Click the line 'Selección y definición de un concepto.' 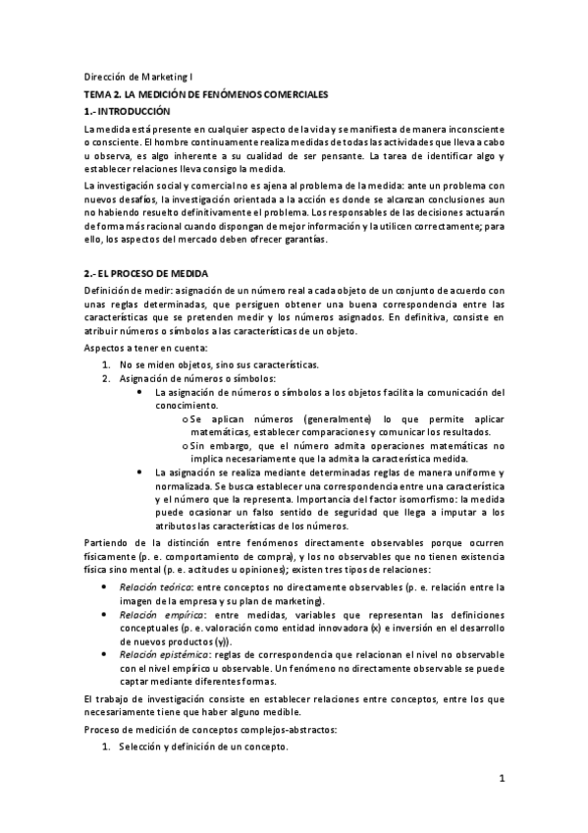[x=202, y=747]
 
